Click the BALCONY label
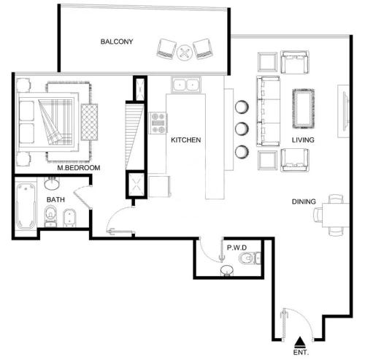click(117, 42)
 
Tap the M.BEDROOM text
click(79, 168)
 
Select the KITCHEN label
click(186, 140)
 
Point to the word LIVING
click(303, 140)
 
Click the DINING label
click(304, 202)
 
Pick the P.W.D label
click(237, 248)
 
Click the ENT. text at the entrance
click(301, 352)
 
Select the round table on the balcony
click(185, 53)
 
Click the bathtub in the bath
click(26, 206)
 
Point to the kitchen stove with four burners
click(158, 123)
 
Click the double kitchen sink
click(186, 85)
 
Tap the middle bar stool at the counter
click(242, 129)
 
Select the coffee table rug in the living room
click(304, 109)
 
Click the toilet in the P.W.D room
click(250, 258)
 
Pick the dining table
click(336, 215)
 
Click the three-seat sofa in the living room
click(268, 111)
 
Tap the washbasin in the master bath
click(52, 183)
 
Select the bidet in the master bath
click(69, 218)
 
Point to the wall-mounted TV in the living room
click(345, 111)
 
